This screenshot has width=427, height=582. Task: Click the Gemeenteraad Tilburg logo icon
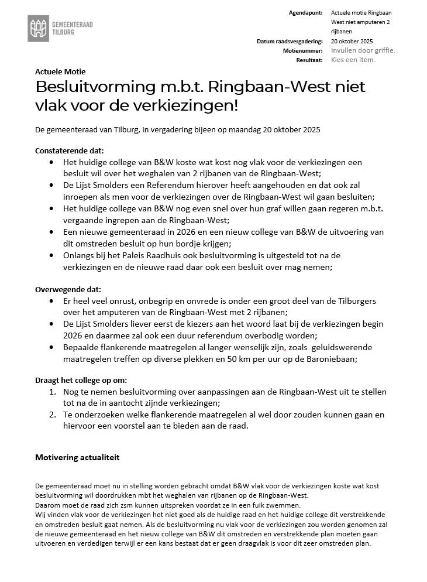point(39,28)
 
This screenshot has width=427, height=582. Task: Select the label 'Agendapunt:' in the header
point(305,12)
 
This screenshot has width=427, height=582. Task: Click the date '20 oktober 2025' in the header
point(352,42)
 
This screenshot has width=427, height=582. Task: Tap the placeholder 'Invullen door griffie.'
point(363,50)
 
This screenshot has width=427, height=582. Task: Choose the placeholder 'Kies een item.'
point(353,60)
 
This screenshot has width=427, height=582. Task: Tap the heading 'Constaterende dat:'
point(70,150)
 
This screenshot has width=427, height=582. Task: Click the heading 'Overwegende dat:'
point(68,290)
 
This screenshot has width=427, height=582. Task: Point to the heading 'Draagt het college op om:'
point(81,380)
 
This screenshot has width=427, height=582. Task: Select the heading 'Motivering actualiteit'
point(77,457)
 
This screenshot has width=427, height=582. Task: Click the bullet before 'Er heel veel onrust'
point(54,301)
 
